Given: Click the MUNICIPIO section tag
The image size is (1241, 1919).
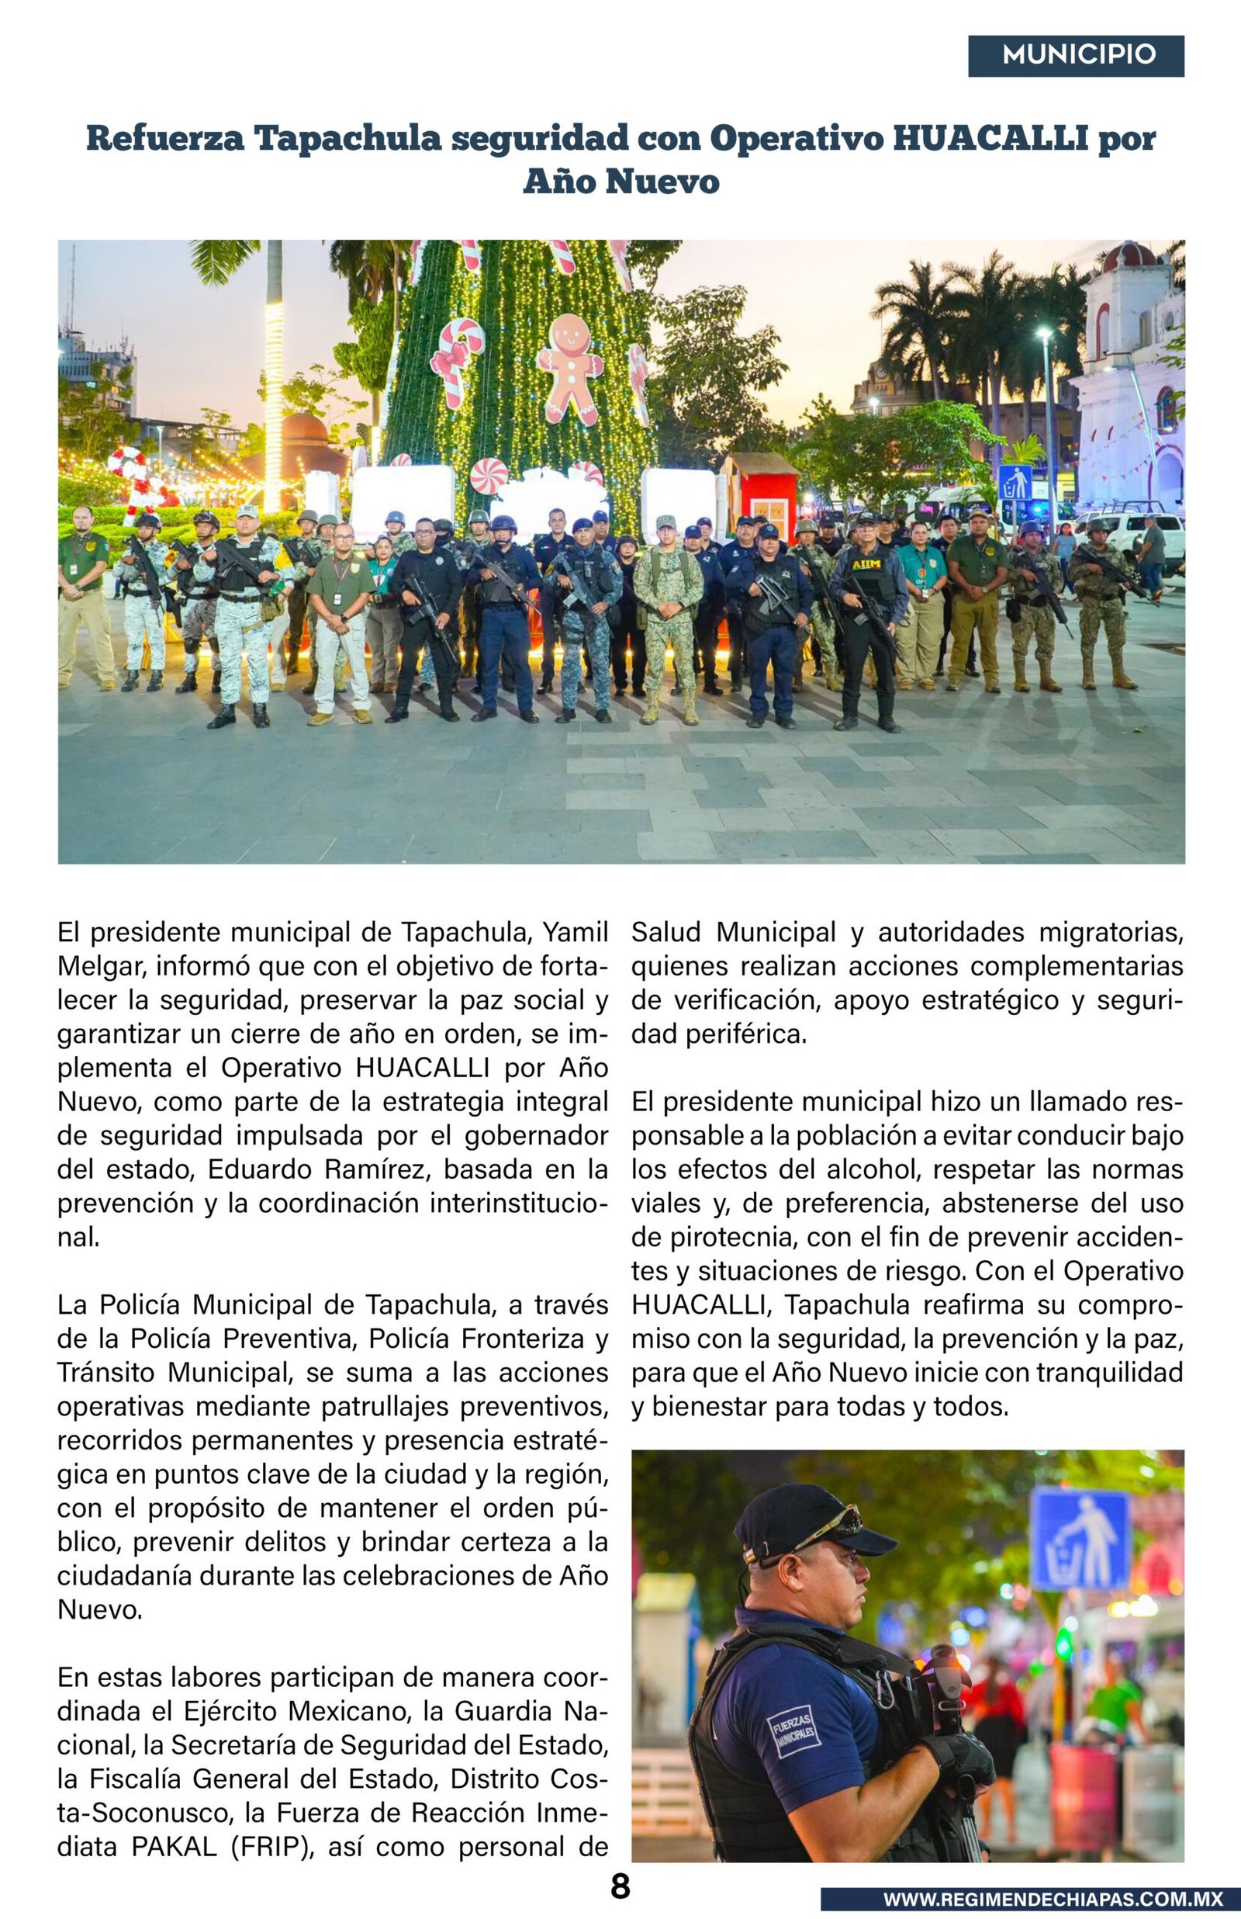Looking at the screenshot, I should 1076,56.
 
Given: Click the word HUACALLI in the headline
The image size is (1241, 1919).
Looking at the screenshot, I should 990,139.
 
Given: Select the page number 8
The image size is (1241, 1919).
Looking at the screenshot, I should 620,1886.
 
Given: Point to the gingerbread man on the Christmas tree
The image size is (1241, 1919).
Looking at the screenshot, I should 570,369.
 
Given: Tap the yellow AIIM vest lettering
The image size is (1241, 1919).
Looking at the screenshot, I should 867,565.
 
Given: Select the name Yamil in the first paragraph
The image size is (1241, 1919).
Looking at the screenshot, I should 575,933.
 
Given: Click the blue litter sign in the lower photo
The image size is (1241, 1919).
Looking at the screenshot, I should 1080,1540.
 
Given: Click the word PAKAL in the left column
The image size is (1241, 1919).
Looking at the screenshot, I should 174,1847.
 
